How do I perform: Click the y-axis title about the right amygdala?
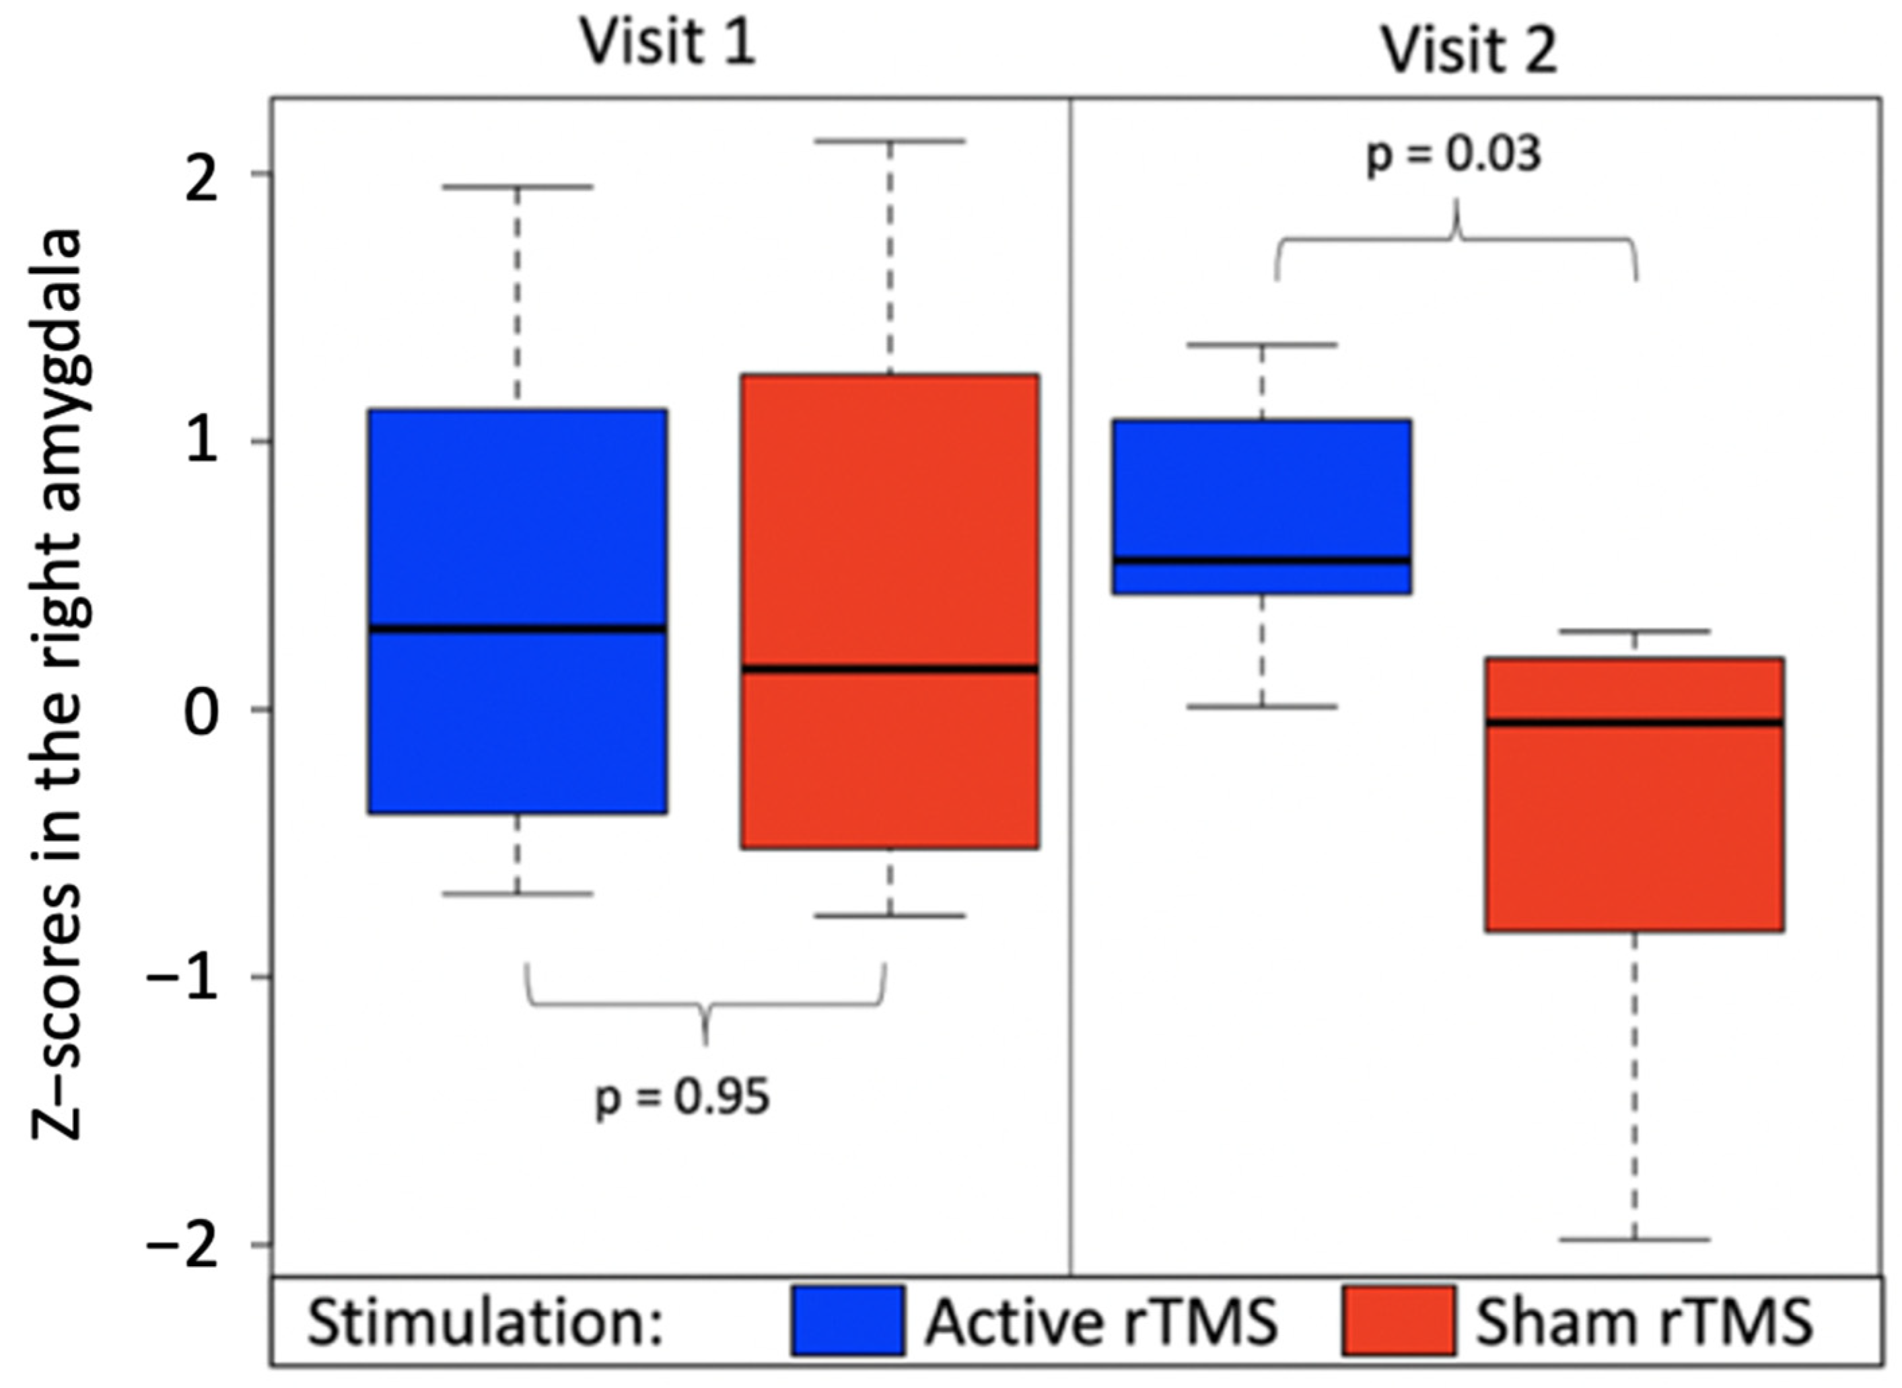tap(59, 685)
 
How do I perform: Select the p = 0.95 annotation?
tap(682, 1097)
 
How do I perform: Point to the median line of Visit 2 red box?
tap(1635, 722)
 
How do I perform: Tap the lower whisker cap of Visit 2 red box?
tap(1635, 1240)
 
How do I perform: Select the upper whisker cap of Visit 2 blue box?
tap(1261, 344)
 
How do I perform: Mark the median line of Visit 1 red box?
tap(890, 669)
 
